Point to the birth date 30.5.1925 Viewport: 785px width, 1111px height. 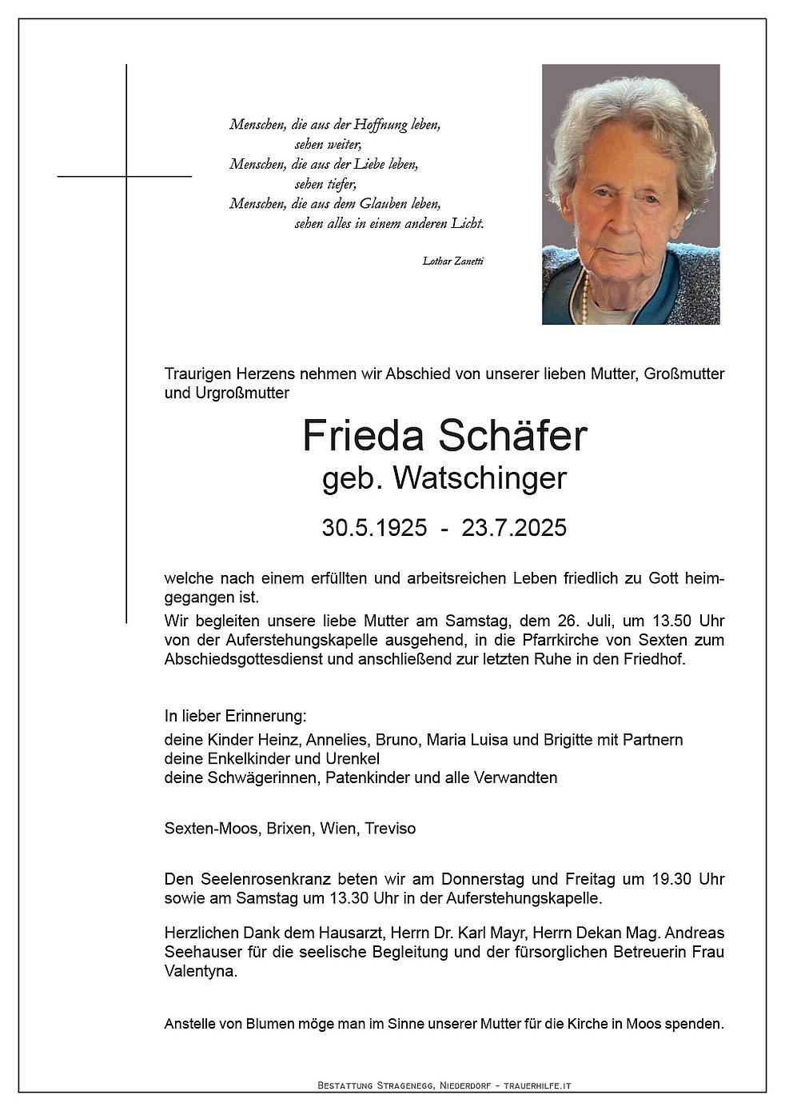[374, 528]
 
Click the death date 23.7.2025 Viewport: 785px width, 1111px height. [514, 528]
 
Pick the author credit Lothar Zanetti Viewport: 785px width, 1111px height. [453, 261]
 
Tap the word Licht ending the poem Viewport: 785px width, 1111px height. [467, 224]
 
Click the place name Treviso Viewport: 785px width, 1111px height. [390, 829]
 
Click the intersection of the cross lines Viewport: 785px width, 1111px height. [126, 176]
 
